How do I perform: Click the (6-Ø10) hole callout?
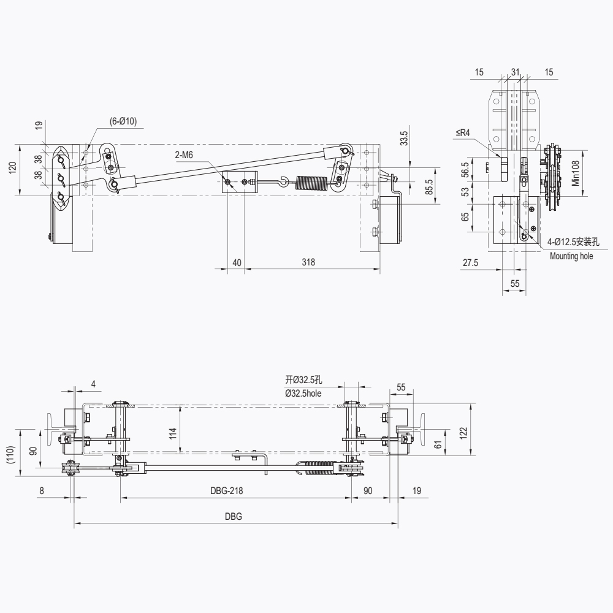click(123, 121)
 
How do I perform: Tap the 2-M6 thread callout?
click(184, 155)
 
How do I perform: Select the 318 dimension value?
click(308, 262)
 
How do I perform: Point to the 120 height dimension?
click(13, 168)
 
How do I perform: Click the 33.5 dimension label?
click(404, 138)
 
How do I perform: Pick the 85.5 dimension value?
click(429, 187)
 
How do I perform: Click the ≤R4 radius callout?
click(463, 132)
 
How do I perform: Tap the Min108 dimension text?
click(576, 173)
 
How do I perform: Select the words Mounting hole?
click(571, 256)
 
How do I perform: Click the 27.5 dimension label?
click(470, 263)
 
